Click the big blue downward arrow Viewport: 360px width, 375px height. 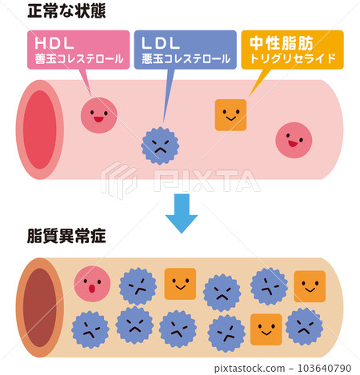pos(181,213)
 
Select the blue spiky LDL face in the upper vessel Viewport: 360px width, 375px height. pos(160,145)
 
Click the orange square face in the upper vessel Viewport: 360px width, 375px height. pos(230,114)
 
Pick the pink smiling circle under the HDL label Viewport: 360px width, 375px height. pos(98,115)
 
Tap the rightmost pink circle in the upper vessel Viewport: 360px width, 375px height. pos(294,141)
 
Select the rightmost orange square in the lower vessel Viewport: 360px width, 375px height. pos(309,286)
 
